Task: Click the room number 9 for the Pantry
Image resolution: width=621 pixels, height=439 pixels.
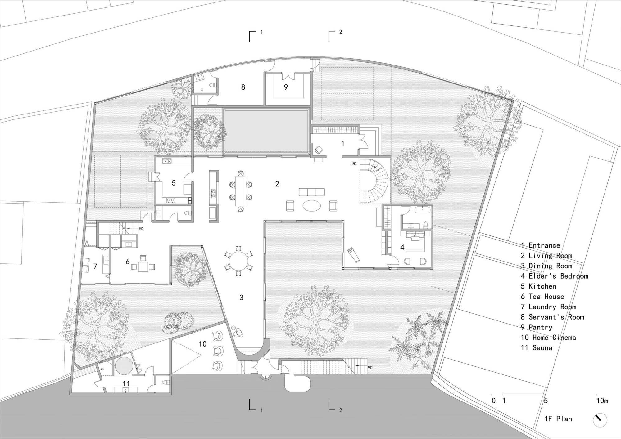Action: pos(286,87)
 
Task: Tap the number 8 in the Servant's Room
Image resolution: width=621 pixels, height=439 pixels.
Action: pos(243,87)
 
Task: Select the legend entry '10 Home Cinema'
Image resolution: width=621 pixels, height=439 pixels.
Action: pos(548,337)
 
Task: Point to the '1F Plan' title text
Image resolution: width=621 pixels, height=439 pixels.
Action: pos(558,419)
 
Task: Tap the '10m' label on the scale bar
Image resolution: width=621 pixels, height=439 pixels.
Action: pos(602,401)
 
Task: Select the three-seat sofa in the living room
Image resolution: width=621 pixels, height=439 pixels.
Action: pos(311,192)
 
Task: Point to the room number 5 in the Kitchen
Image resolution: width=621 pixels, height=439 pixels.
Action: pos(174,183)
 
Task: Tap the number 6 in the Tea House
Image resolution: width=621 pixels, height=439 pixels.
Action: pos(128,262)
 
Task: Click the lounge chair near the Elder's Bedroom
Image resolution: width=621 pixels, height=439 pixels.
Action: pos(353,254)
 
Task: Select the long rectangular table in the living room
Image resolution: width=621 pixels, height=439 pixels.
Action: pos(240,191)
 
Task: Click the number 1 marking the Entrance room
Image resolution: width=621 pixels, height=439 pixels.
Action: pos(343,144)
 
